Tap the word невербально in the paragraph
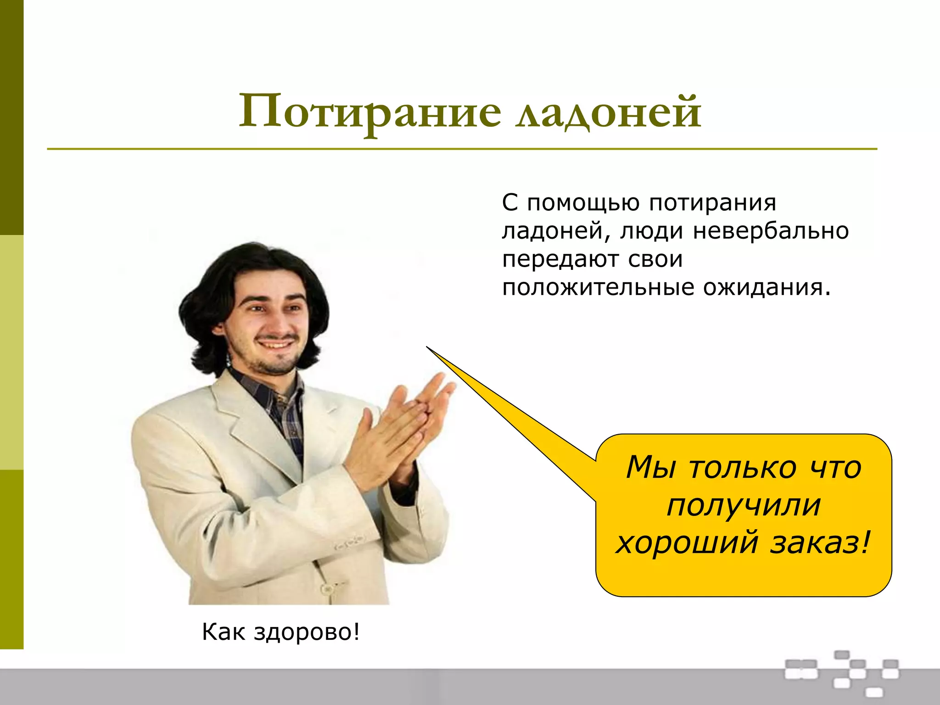(771, 231)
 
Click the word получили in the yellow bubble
(744, 506)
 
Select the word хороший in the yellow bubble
(687, 543)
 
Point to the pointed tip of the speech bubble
(428, 347)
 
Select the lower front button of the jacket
(327, 588)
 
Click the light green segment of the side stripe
(11, 352)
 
